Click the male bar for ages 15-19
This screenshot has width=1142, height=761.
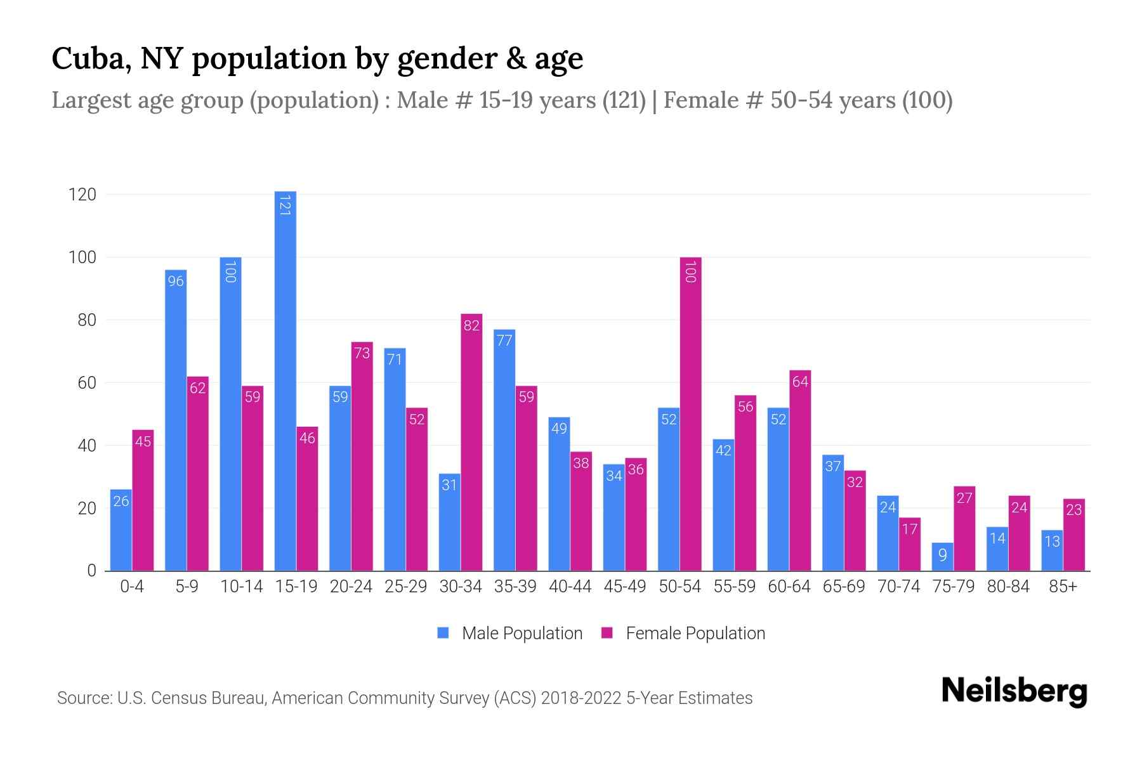click(x=285, y=380)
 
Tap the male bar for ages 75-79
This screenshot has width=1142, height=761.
click(x=943, y=557)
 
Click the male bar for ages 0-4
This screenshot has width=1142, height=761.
click(x=121, y=530)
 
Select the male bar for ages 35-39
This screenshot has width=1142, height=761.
click(x=504, y=450)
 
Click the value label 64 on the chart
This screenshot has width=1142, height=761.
click(x=801, y=382)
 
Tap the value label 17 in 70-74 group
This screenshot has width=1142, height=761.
click(x=910, y=529)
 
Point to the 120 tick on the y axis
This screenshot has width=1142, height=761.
click(x=82, y=195)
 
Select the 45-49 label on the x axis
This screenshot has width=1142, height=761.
click(x=625, y=587)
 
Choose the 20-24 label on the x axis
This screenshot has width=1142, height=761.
click(x=351, y=587)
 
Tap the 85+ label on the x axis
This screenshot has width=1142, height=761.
click(x=1063, y=587)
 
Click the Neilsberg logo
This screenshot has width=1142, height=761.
click(x=1014, y=691)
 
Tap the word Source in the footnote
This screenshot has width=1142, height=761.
click(x=83, y=698)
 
